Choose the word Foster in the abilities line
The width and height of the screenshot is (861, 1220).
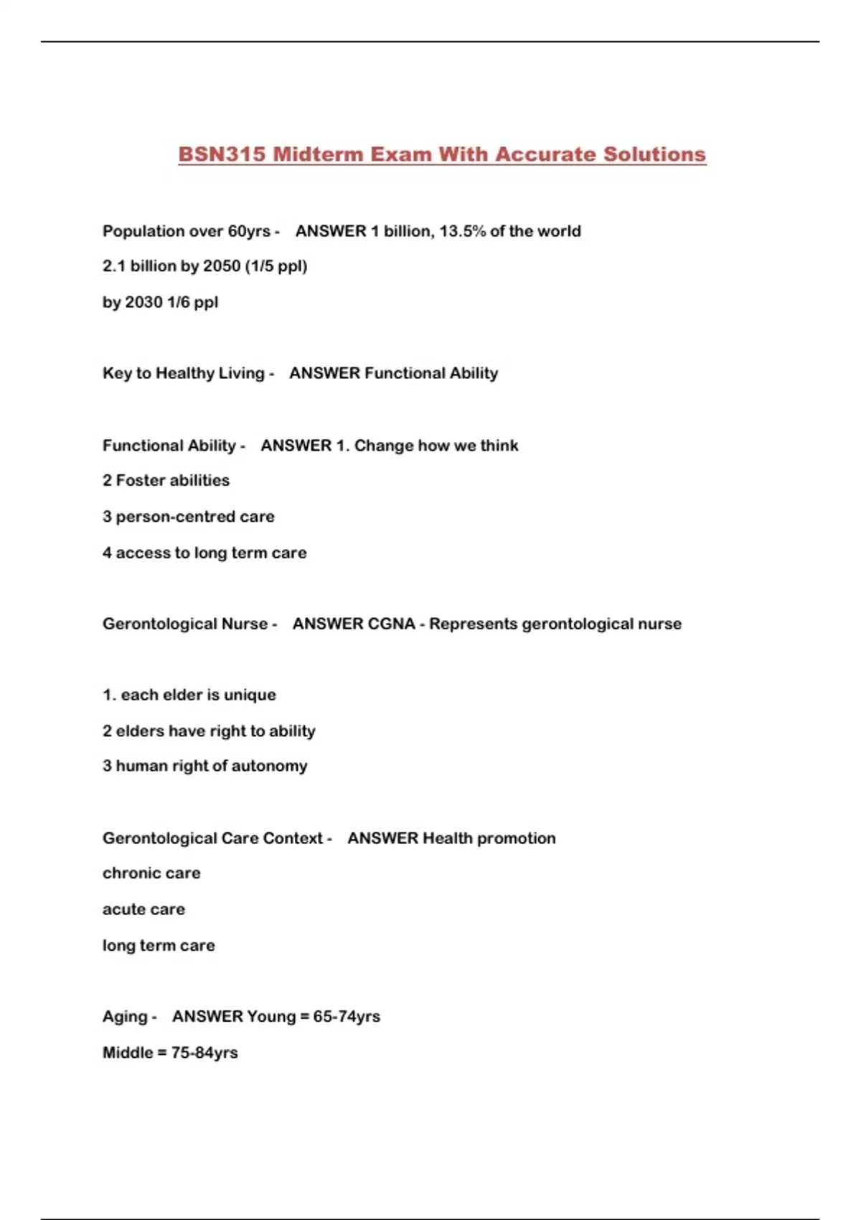[141, 480]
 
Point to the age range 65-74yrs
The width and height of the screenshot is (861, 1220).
[347, 1016]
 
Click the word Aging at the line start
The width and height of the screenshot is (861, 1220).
[125, 1016]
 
